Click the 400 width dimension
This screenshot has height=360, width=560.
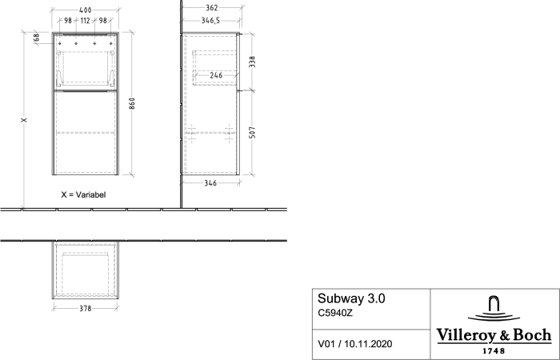pos(86,10)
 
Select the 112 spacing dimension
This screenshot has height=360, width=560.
pos(85,21)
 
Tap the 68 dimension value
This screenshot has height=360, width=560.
pos(36,37)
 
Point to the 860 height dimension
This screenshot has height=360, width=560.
pos(132,103)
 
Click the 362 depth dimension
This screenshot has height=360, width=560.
pos(212,8)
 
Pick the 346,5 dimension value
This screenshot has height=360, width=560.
pos(210,21)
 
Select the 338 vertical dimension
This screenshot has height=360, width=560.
pos(252,62)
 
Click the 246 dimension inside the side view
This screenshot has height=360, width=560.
pos(216,75)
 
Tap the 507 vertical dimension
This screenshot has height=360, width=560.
pos(252,133)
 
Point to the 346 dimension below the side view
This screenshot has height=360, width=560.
pos(210,183)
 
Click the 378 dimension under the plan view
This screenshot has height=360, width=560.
pos(86,308)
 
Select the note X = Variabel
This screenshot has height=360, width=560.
pos(83,194)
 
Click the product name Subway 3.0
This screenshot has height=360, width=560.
pos(351,298)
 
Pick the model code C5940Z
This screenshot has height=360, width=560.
pos(335,314)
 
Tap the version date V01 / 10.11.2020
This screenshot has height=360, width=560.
pos(355,344)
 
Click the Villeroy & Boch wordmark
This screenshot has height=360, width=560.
pos(494,335)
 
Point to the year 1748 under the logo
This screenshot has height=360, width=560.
pos(494,351)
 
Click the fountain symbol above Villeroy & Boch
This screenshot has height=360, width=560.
pos(494,308)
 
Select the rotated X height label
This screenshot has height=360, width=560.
pos(24,120)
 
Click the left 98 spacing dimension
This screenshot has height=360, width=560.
pos(68,21)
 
